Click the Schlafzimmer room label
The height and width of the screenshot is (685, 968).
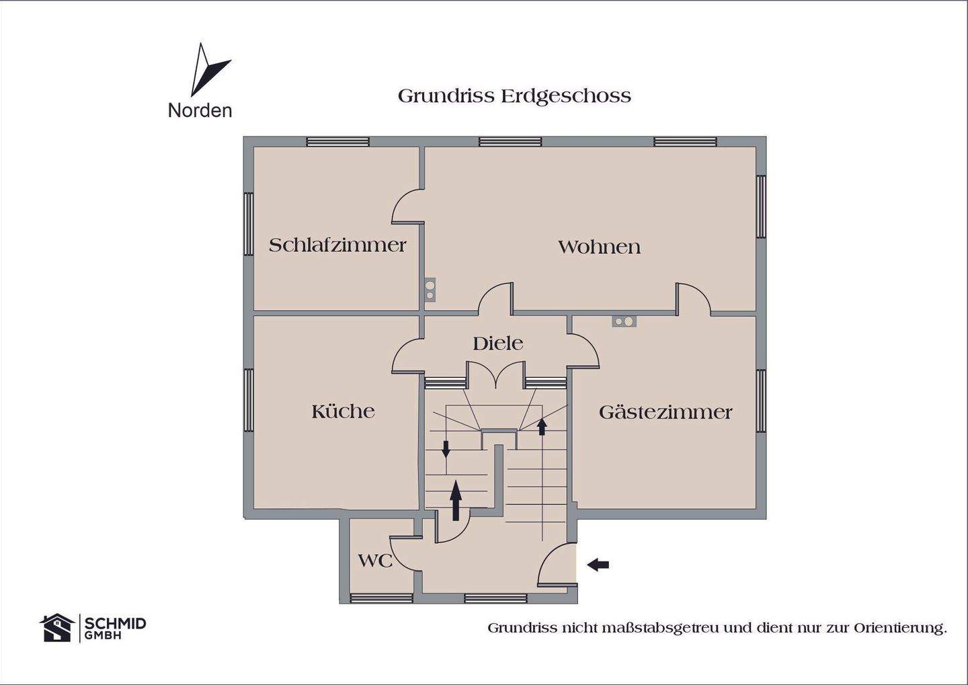[x=337, y=245]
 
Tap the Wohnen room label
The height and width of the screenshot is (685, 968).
[x=599, y=247]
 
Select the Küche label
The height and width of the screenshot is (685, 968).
[x=343, y=411]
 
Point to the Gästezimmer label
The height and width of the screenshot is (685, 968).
[x=665, y=411]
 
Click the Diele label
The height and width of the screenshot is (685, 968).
[x=497, y=344]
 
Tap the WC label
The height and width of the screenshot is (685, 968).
[x=374, y=560]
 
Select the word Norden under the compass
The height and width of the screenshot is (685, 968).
[x=200, y=110]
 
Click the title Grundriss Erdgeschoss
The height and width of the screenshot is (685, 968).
[x=514, y=96]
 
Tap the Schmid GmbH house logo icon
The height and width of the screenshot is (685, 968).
[x=57, y=627]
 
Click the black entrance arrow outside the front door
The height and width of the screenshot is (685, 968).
[x=598, y=565]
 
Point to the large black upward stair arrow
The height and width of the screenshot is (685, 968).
[x=456, y=499]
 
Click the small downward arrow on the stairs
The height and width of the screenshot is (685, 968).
[x=446, y=448]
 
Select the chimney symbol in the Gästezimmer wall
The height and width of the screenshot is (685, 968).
[x=624, y=321]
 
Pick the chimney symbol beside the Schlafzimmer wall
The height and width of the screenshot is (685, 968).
[x=430, y=289]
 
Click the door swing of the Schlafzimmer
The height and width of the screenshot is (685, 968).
[x=407, y=206]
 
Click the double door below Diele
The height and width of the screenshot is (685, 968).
[x=495, y=375]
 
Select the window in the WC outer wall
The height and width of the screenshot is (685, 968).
[x=381, y=597]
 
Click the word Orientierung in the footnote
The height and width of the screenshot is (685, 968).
[x=900, y=628]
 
